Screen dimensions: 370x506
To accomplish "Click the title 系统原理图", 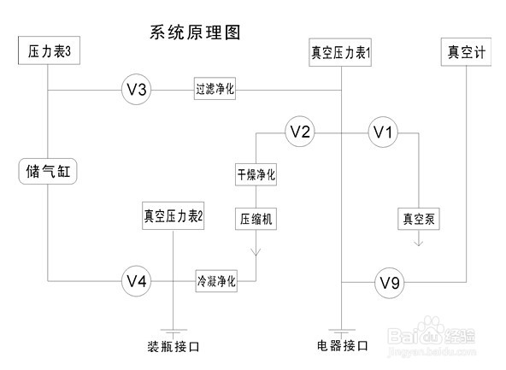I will click(194, 33).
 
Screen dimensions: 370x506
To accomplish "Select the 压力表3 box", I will click(49, 53).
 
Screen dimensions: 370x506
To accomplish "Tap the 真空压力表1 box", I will click(342, 53).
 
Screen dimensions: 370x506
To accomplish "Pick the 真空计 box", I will click(467, 52).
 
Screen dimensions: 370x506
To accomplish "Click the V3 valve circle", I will click(136, 89).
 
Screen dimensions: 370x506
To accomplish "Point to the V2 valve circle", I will click(300, 132).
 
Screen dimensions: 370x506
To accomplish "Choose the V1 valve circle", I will click(383, 132).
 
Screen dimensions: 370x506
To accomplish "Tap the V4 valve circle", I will click(136, 280).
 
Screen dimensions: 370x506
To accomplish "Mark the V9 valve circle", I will click(389, 281).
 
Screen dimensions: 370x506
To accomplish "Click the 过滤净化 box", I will click(215, 89).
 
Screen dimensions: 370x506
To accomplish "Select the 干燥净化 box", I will click(256, 174).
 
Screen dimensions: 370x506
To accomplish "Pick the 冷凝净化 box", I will click(215, 280).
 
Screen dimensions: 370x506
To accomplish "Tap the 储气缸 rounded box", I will click(48, 172).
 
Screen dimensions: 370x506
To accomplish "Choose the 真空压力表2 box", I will click(174, 215).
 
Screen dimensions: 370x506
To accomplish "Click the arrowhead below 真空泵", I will click(420, 243).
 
